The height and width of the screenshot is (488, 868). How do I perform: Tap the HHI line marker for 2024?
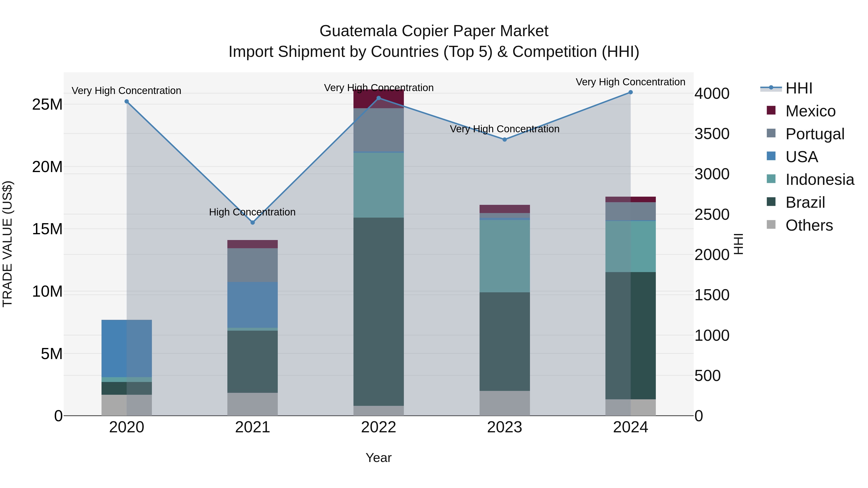631,92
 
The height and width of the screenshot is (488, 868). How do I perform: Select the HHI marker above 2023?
504,140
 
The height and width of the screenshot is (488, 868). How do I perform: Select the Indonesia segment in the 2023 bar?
504,256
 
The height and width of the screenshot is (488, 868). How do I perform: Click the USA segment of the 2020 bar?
126,348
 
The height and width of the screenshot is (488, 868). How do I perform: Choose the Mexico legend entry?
810,111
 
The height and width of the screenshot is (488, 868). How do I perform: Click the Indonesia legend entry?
820,180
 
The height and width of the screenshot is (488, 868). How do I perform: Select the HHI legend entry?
799,88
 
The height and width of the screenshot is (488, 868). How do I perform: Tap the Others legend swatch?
771,225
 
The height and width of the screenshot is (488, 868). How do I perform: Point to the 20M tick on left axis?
47,167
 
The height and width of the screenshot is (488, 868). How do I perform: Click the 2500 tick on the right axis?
712,214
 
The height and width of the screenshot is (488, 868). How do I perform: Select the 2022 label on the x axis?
378,427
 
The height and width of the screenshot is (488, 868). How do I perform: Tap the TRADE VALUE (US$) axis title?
7,244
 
